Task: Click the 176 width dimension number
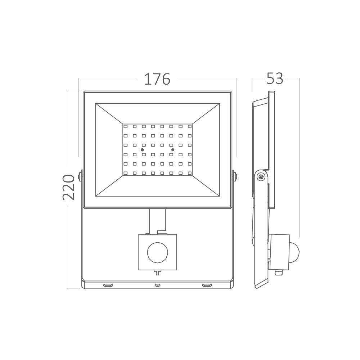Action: (x=157, y=79)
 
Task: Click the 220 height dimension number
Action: (x=69, y=187)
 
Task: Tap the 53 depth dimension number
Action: (x=275, y=78)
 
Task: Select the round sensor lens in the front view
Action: (x=158, y=252)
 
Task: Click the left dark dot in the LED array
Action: (x=142, y=150)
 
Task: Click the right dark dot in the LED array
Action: (x=173, y=150)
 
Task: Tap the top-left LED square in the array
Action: (x=125, y=126)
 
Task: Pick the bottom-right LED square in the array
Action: (x=190, y=173)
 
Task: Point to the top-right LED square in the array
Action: (x=190, y=126)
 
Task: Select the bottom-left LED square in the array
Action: (x=125, y=173)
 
